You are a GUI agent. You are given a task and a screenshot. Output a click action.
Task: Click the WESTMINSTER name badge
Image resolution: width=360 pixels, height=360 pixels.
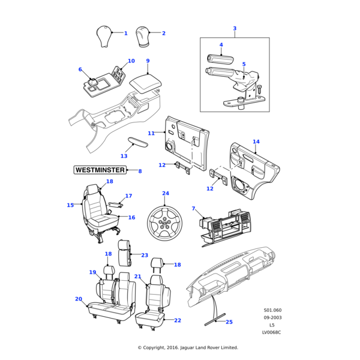coord(100,170)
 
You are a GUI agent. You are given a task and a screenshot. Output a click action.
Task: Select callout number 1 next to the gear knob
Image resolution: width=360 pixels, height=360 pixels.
coord(126,34)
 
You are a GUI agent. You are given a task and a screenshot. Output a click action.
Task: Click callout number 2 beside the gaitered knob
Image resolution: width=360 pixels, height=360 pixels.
coord(163,34)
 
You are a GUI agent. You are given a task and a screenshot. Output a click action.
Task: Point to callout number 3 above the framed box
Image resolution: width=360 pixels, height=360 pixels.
coord(235,28)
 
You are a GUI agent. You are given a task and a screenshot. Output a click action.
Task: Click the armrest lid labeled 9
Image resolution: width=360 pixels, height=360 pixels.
coord(145,82)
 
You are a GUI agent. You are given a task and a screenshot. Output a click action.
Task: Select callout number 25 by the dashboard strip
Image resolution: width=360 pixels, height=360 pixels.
coord(229,322)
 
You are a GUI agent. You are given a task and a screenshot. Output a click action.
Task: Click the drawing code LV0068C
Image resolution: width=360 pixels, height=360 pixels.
coord(271,332)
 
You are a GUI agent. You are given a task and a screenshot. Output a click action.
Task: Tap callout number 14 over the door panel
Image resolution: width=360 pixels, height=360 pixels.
coord(256,142)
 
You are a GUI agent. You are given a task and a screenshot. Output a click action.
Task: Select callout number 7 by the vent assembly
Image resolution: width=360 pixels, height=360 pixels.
coord(194,208)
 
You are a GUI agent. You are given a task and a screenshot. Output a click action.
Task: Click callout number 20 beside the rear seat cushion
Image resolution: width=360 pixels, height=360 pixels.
coord(78,299)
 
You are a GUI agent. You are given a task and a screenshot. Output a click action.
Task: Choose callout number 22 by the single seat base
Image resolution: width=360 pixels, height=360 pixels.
coord(178,320)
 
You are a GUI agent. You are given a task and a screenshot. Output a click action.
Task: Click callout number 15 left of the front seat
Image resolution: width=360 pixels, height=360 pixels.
coord(70,205)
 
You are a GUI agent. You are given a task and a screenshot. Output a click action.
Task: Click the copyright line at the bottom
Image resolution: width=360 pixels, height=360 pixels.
coord(188,347)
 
